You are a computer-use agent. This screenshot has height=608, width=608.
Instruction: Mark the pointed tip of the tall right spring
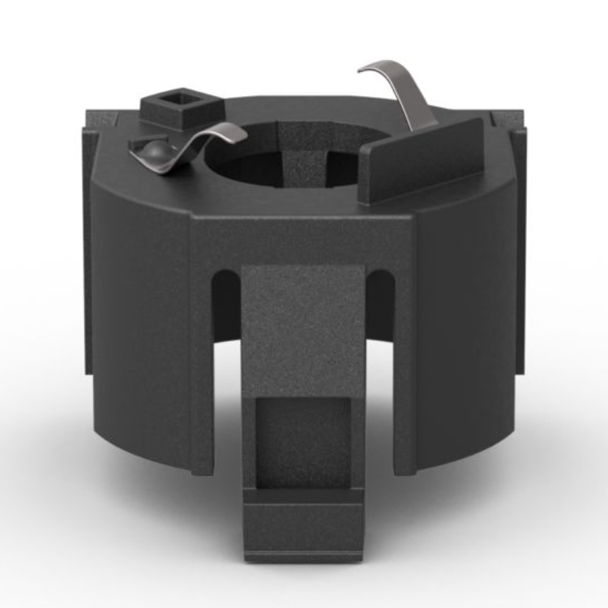[x=360, y=71]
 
